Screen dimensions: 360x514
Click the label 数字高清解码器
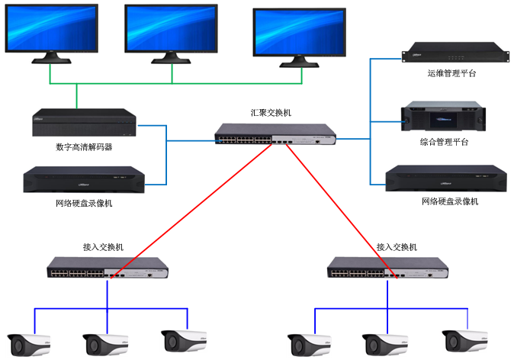pyautogui.click(x=84, y=147)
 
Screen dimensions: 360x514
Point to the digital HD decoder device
pyautogui.click(x=84, y=123)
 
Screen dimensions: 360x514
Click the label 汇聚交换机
pyautogui.click(x=271, y=112)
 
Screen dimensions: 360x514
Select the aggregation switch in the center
pyautogui.click(x=275, y=134)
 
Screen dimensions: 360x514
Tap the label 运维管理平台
pyautogui.click(x=451, y=74)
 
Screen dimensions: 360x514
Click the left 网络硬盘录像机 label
pyautogui.click(x=84, y=204)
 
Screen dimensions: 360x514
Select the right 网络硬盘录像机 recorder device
pyautogui.click(x=447, y=178)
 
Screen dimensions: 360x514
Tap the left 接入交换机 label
pyautogui.click(x=103, y=247)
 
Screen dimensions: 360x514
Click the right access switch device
pyautogui.click(x=387, y=268)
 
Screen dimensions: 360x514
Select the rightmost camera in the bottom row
pyautogui.click(x=465, y=342)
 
